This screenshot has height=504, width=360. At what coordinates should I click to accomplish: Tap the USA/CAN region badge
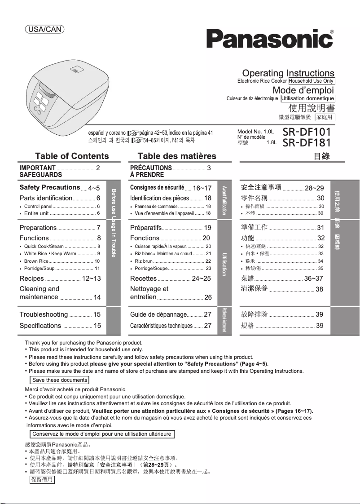[x=44, y=30]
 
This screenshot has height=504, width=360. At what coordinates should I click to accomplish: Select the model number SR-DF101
[x=307, y=132]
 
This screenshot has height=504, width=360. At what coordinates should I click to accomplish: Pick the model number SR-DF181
[x=307, y=143]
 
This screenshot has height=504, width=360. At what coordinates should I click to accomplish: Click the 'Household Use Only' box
[x=312, y=81]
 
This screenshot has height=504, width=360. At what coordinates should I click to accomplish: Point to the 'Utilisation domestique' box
[x=308, y=98]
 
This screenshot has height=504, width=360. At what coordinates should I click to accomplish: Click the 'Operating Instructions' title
[x=288, y=73]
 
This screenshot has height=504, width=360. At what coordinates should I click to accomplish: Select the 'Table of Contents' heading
[x=72, y=156]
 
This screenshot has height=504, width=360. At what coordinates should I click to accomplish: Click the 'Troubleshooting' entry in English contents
[x=44, y=314]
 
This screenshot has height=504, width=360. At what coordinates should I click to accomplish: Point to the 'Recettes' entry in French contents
[x=143, y=279]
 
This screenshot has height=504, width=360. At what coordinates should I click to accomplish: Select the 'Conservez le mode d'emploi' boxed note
[x=101, y=434]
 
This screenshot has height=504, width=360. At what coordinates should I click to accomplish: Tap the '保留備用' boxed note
[x=42, y=480]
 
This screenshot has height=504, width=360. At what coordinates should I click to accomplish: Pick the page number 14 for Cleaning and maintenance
[x=97, y=297]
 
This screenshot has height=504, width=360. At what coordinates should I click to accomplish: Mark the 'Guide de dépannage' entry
[x=158, y=314]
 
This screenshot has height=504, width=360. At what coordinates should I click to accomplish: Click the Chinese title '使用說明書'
[x=312, y=108]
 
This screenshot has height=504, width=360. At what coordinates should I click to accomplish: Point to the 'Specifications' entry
[x=40, y=326]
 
